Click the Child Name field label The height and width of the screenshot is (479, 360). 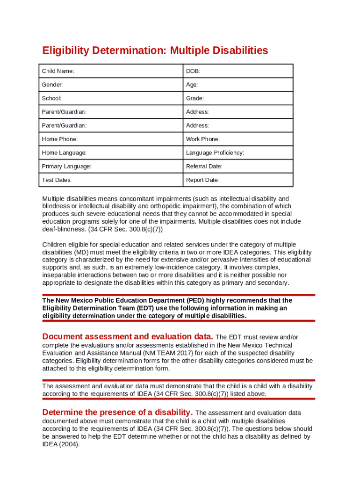tap(58, 71)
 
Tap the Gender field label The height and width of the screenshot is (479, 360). tap(52, 85)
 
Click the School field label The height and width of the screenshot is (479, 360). tap(51, 98)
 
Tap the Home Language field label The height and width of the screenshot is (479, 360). tap(64, 152)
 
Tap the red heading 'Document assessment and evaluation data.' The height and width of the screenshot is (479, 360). tap(128, 336)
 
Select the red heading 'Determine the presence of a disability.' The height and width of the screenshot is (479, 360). tap(117, 412)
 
